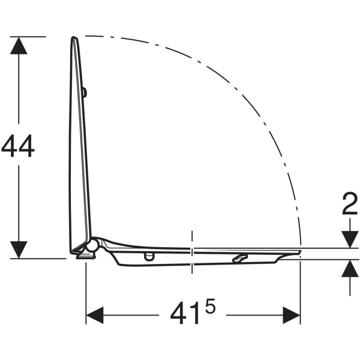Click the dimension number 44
18,146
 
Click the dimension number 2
350,203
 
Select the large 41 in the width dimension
184,314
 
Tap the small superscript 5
210,305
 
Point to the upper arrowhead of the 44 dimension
19,46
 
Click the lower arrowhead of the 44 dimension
19,250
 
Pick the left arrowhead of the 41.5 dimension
95,315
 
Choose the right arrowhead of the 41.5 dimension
292,315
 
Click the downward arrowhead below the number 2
350,239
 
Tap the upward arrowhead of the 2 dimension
350,268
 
